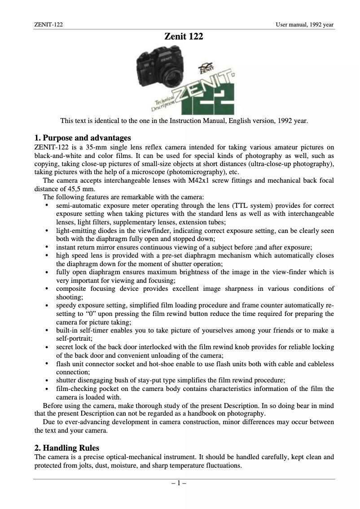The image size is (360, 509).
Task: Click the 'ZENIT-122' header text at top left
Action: tap(48, 24)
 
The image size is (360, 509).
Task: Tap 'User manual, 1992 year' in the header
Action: tap(305, 24)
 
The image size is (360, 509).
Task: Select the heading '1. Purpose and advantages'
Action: tap(83, 137)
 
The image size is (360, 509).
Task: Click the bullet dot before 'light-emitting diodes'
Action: tap(47, 231)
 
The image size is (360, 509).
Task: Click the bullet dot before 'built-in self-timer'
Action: tap(47, 330)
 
